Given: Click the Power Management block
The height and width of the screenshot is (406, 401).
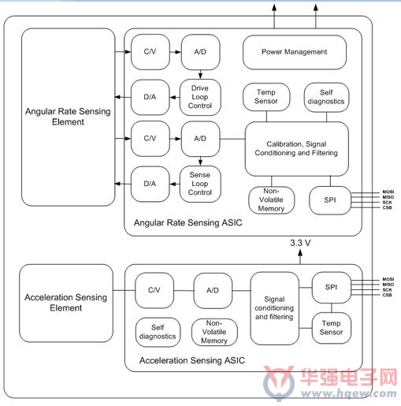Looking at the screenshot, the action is tap(295, 52).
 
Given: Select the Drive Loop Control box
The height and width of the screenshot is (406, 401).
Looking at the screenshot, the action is tap(200, 97).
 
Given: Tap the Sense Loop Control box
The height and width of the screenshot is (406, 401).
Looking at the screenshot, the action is tap(200, 184).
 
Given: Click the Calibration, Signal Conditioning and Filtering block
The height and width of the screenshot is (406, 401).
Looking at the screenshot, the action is tap(297, 149).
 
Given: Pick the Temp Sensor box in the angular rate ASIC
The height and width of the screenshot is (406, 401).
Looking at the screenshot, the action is tap(266, 97).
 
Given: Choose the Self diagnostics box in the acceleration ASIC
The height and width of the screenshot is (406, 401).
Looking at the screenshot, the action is tap(158, 332).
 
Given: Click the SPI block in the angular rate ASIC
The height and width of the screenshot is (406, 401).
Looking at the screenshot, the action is tap(330, 200).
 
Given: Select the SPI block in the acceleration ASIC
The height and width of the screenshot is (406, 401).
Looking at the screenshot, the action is tap(332, 288).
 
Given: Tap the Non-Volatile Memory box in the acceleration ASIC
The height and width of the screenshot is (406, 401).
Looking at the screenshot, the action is tap(214, 332).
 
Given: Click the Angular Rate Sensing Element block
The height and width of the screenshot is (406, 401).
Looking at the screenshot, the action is tap(69, 117).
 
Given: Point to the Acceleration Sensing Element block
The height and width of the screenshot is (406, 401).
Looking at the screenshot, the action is tap(66, 303).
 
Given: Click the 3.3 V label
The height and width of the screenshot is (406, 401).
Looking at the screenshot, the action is tap(300, 243).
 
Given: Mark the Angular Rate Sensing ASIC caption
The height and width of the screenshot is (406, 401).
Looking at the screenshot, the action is tap(188, 223).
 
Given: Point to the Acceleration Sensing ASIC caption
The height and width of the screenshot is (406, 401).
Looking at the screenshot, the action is tap(192, 360).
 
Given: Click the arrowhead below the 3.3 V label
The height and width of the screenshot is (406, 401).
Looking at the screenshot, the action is tap(300, 252).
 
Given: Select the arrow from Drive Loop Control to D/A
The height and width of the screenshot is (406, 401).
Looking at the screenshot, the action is tap(175, 98).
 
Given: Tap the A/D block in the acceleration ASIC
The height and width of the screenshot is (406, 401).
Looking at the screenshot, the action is tap(213, 290).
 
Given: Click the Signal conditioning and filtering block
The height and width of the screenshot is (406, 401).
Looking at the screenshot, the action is tap(274, 308).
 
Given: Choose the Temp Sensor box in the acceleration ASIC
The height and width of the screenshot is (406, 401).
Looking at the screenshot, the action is tap(332, 328).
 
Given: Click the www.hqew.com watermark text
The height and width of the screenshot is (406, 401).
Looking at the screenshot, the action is tap(349, 393).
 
